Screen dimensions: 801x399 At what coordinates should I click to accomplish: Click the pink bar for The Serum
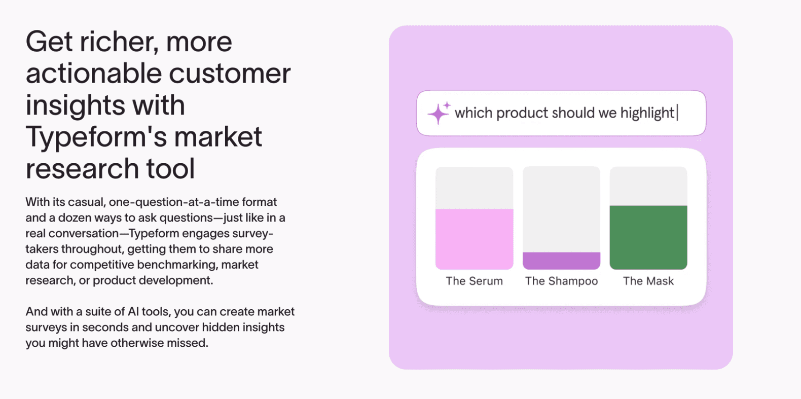pos(474,239)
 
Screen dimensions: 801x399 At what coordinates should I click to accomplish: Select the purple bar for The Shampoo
pos(561,261)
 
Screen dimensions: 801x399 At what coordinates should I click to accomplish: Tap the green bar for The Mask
pos(648,237)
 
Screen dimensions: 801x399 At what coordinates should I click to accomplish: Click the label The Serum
pos(474,281)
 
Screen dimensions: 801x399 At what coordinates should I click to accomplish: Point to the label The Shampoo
pos(561,281)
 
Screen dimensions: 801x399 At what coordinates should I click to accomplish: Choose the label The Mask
pos(648,281)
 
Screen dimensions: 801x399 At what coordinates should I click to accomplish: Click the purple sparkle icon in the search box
pos(439,113)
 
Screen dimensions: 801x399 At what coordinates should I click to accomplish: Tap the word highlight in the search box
pos(647,114)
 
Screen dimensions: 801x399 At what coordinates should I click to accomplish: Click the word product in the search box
pos(522,114)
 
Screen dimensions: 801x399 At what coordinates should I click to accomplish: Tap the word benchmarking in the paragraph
pos(177,265)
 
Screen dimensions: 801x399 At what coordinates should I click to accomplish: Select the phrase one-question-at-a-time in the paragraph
pos(174,202)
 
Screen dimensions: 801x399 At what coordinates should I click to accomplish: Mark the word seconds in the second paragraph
pos(104,328)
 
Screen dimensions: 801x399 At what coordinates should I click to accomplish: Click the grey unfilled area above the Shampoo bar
pos(561,209)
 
